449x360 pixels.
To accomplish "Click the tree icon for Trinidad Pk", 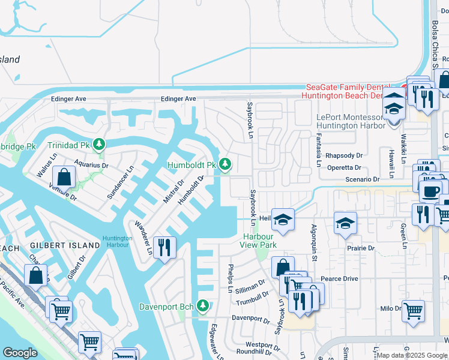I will pyautogui.click(x=99, y=145).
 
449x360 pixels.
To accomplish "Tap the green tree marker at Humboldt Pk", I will pyautogui.click(x=225, y=164).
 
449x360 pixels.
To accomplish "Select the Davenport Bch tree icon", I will pyautogui.click(x=203, y=307).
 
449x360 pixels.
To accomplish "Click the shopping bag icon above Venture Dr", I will pyautogui.click(x=64, y=178).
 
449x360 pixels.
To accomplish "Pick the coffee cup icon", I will pyautogui.click(x=429, y=191).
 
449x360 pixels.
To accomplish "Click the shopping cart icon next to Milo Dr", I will pyautogui.click(x=413, y=311).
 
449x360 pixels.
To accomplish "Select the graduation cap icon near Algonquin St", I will pyautogui.click(x=345, y=224).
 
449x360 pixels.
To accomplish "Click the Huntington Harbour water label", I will pyautogui.click(x=117, y=240).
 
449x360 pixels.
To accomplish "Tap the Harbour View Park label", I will pyautogui.click(x=258, y=241).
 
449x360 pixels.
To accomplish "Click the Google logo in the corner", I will pyautogui.click(x=20, y=353).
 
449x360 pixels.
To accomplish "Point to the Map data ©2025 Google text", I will pyautogui.click(x=412, y=355).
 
